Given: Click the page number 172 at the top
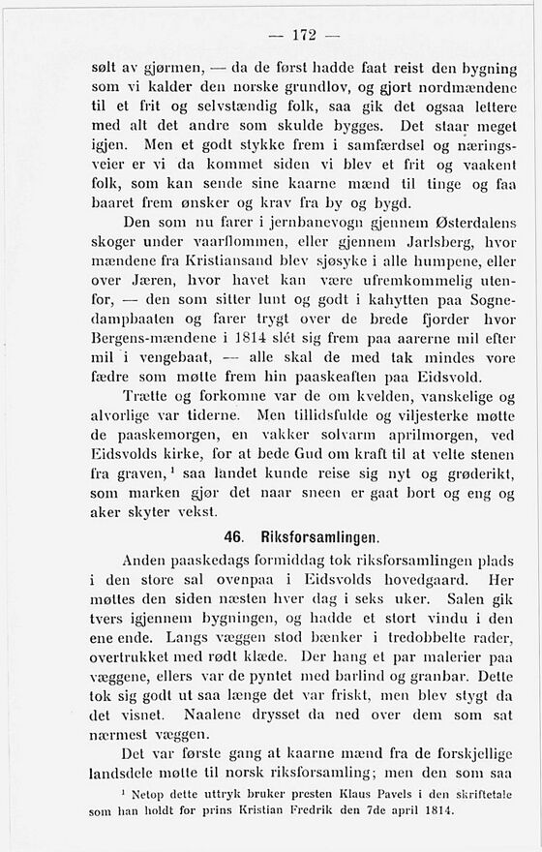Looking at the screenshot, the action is click(304, 36).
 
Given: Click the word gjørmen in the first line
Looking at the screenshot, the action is click(168, 69).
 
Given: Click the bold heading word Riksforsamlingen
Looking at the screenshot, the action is click(317, 534).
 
